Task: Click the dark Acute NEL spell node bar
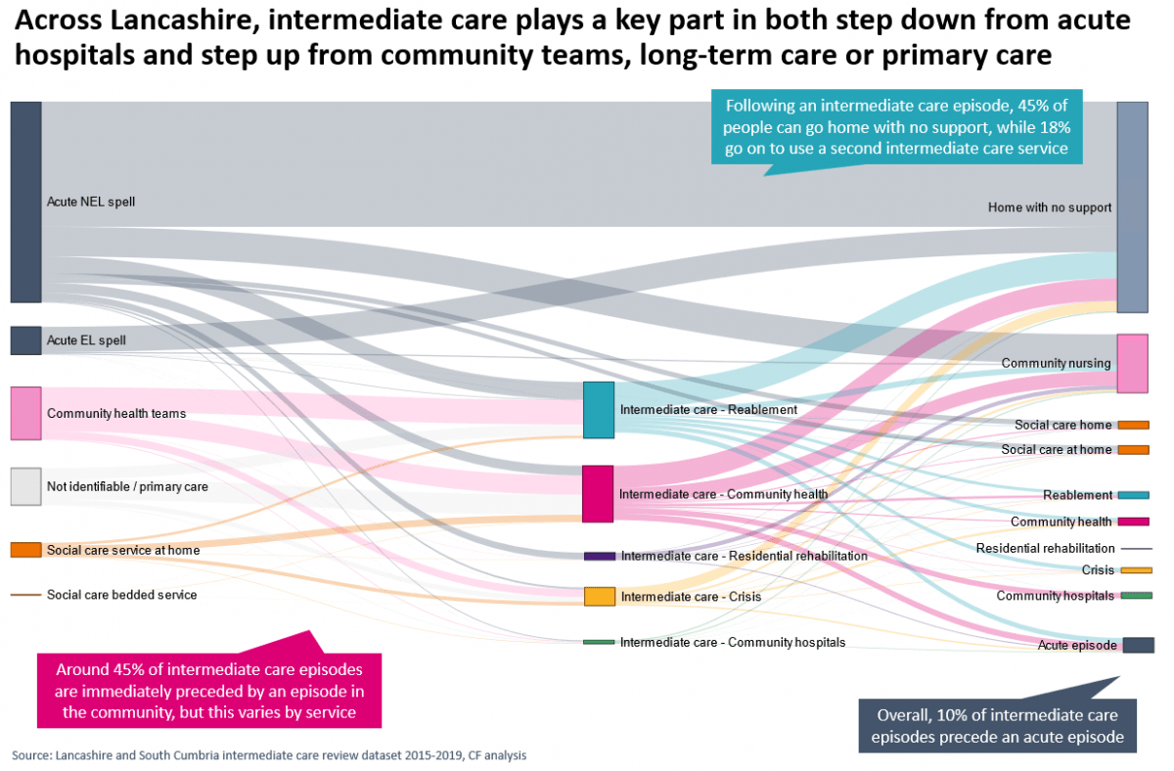(x=25, y=202)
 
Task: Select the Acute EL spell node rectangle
(x=25, y=340)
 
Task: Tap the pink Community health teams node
(x=25, y=413)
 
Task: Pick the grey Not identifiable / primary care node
(x=25, y=486)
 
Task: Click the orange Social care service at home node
(x=25, y=550)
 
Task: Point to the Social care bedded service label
(x=121, y=595)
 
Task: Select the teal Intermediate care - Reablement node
(x=598, y=409)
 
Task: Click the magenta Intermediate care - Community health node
(x=598, y=494)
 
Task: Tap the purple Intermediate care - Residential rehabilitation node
(x=599, y=556)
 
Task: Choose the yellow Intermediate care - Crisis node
(x=599, y=596)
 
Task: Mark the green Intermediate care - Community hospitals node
(x=599, y=642)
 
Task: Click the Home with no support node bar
(x=1132, y=206)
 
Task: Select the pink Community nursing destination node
(x=1132, y=363)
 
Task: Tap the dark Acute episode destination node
(x=1138, y=645)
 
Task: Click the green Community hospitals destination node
(x=1136, y=596)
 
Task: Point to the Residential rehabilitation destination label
(x=1045, y=548)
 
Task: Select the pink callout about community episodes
(x=209, y=692)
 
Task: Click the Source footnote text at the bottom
(x=269, y=755)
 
